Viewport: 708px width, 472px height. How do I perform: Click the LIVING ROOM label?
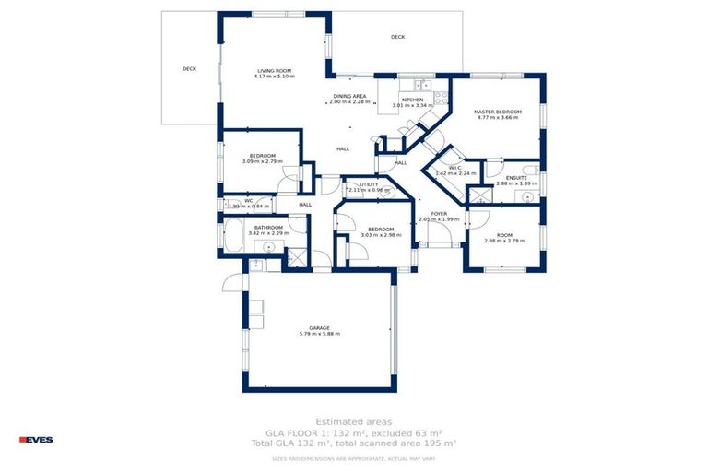tap(274, 70)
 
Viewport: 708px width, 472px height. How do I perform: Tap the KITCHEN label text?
tap(412, 100)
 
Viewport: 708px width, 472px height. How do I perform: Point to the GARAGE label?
tap(319, 327)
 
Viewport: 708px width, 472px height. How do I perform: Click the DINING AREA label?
tap(350, 96)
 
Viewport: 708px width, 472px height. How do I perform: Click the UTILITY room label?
tap(370, 184)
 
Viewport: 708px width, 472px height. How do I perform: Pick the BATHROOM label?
tap(268, 227)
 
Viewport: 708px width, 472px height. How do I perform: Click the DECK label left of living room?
tap(189, 68)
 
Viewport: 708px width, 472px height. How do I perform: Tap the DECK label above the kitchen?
tap(397, 37)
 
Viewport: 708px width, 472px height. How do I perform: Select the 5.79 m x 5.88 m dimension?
tap(319, 334)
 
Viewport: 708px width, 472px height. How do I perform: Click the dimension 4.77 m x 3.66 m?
tap(499, 118)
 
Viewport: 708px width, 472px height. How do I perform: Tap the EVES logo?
tap(36, 440)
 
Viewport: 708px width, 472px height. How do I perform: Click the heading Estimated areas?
tap(353, 422)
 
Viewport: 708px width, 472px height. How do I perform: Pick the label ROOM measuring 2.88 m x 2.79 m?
tap(504, 235)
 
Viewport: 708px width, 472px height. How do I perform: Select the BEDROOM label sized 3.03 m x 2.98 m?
tap(381, 229)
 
